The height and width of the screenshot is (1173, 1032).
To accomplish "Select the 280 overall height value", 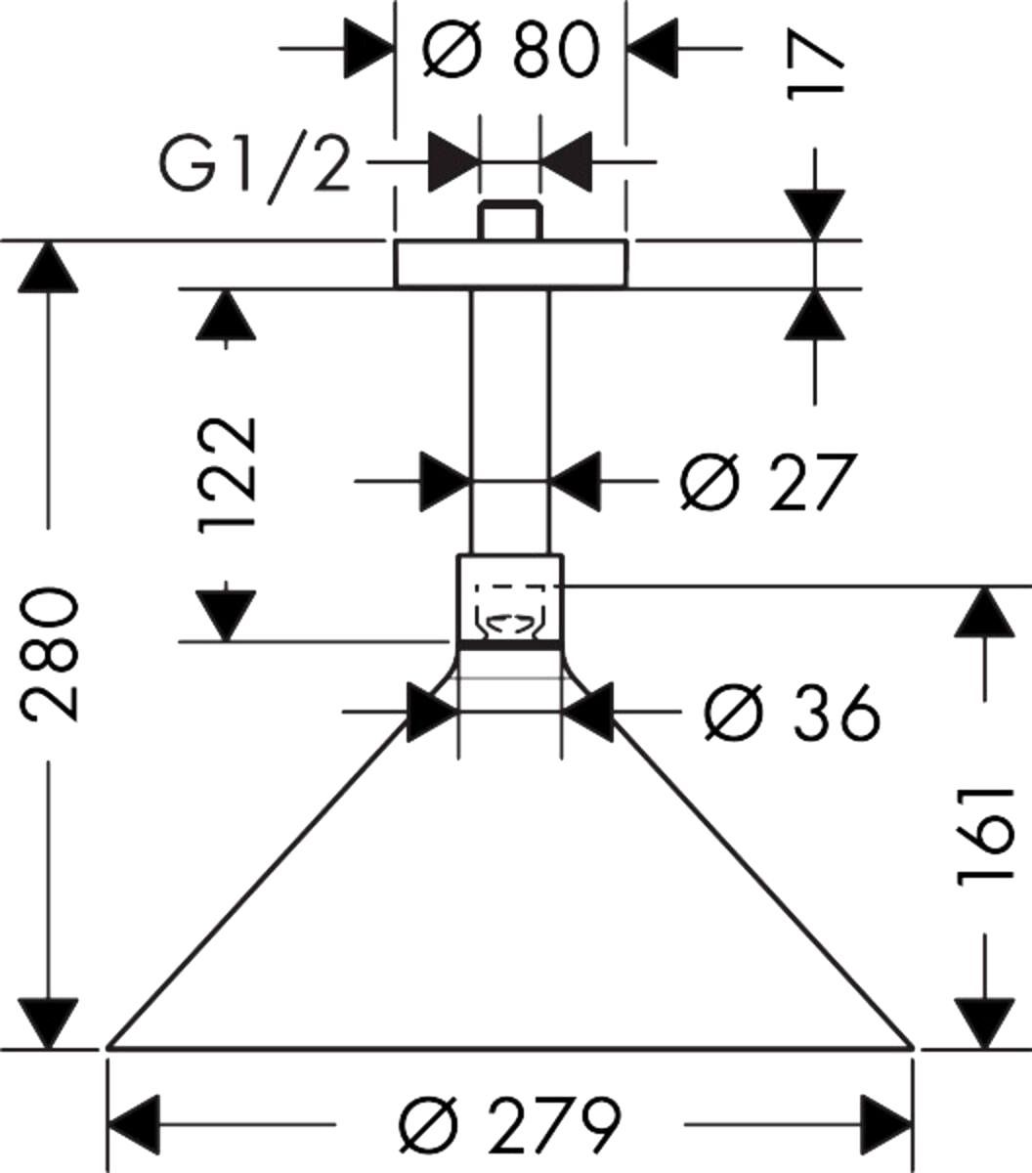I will [x=50, y=653].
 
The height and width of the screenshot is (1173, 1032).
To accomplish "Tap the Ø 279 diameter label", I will [x=510, y=1126].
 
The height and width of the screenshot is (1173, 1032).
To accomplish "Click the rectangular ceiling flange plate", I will [x=510, y=264].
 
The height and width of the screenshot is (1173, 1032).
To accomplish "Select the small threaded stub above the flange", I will [x=509, y=220].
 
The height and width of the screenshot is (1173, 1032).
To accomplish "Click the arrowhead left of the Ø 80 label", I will [x=369, y=46].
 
